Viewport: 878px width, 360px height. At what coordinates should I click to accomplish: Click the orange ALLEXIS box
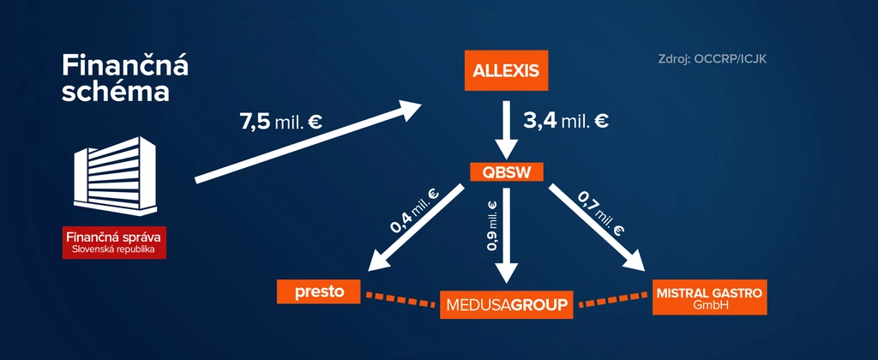pos(506,71)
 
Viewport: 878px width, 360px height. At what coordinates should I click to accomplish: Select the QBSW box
pos(506,172)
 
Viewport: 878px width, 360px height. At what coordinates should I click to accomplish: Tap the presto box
pos(319,291)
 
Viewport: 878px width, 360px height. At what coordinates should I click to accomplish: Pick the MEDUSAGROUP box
pos(507,304)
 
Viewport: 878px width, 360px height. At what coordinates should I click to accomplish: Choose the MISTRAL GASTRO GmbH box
pos(709,297)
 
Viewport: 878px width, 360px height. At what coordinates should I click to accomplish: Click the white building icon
pos(116,177)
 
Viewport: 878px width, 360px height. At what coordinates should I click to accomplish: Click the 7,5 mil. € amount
pos(281,122)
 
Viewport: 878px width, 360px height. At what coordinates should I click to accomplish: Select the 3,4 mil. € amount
pos(566,120)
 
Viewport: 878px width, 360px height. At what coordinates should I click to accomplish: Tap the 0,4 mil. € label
pos(415,211)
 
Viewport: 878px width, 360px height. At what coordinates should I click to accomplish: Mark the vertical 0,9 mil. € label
pos(493,224)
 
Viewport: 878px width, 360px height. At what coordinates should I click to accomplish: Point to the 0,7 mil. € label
pos(601,213)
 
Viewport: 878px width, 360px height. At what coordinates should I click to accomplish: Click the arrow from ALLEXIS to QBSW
pos(506,130)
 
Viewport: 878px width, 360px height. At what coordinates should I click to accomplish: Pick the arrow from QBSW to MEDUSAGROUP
pos(507,235)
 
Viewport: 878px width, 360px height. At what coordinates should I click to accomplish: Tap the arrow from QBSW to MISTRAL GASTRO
pos(597,228)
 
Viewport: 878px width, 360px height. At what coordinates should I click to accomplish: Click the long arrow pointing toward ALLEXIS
pos(309,141)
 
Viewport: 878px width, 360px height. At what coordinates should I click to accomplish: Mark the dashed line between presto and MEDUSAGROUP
pos(400,298)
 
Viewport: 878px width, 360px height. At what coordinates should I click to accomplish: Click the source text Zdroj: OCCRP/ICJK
pos(713,59)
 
